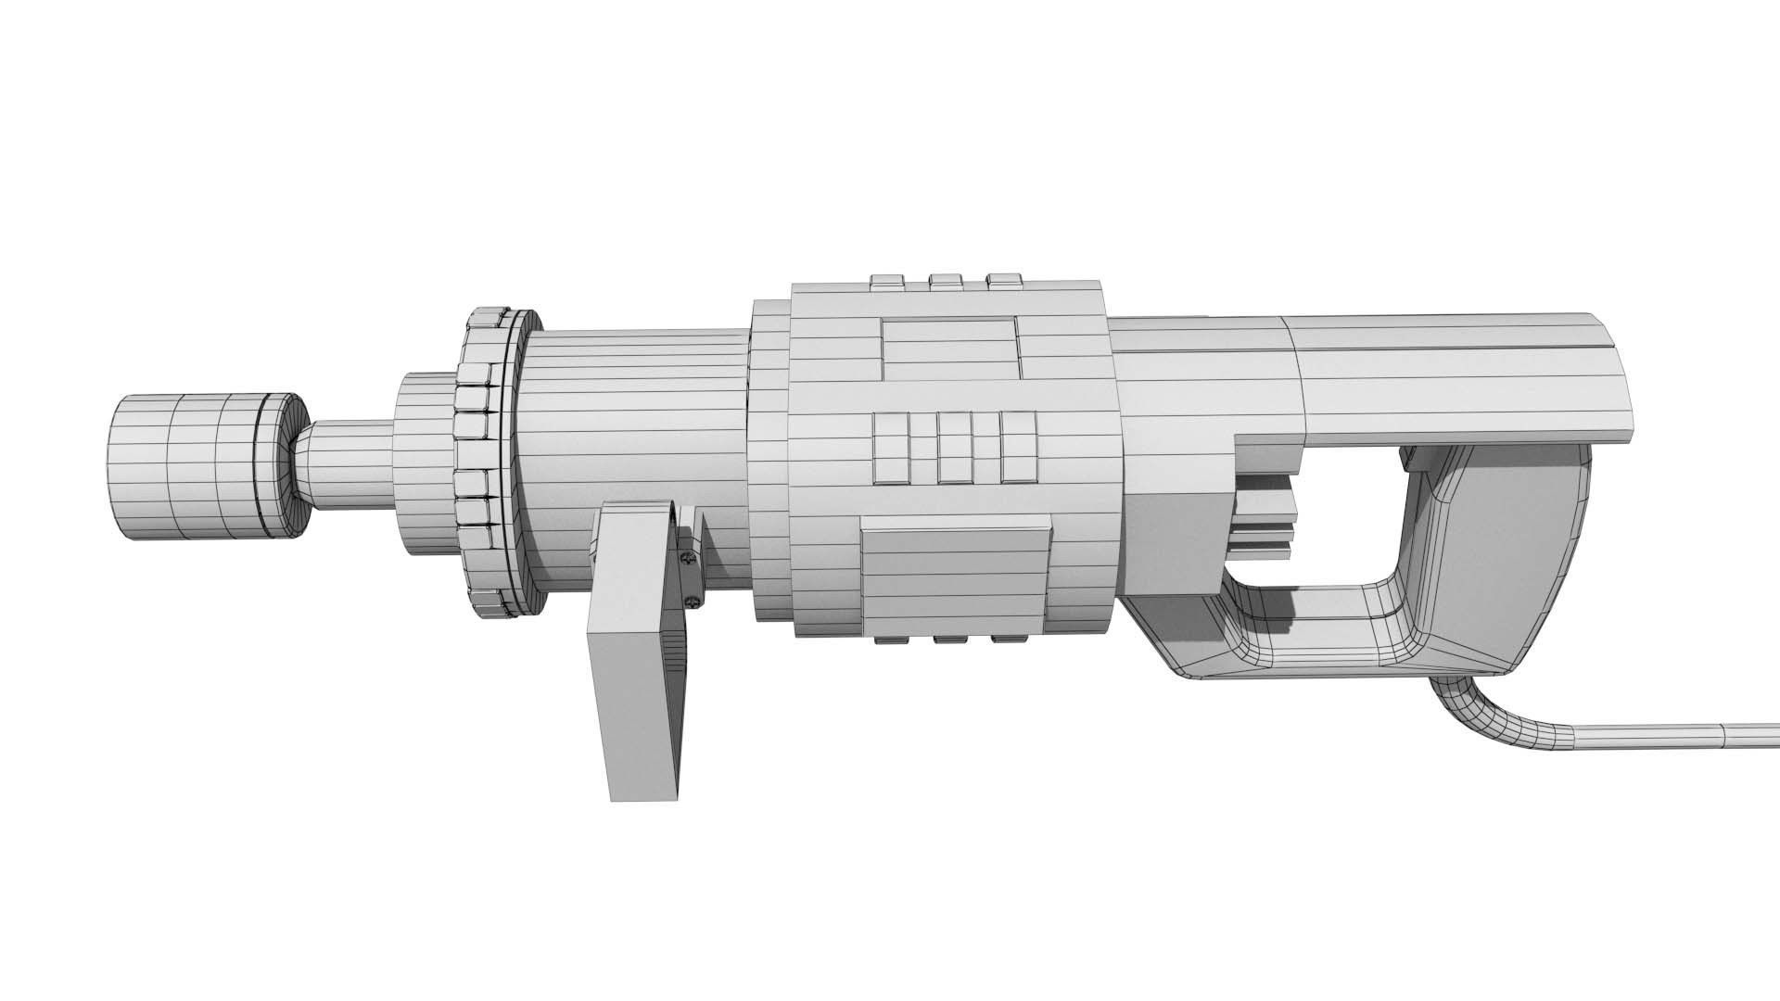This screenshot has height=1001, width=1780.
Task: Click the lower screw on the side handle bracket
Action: (692, 603)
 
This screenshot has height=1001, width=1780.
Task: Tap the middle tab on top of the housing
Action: (946, 280)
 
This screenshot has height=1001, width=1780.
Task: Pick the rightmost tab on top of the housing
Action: (1004, 280)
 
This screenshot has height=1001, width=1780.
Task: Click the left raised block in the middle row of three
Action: (892, 449)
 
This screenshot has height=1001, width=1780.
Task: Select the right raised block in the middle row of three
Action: (1017, 449)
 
